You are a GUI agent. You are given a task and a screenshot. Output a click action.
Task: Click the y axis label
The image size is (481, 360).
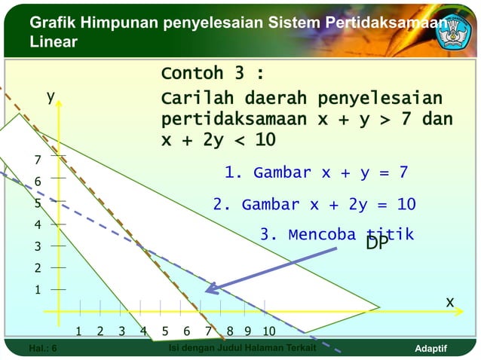tap(51, 96)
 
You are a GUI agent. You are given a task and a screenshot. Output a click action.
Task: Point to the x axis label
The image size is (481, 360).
tap(449, 301)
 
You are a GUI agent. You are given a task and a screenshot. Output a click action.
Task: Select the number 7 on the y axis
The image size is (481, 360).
tap(37, 160)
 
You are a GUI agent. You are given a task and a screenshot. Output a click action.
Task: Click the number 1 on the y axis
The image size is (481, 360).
tap(37, 290)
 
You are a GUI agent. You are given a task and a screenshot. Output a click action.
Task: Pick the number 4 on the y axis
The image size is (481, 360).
tap(37, 224)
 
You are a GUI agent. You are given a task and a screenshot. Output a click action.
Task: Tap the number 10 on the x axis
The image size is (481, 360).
tap(268, 331)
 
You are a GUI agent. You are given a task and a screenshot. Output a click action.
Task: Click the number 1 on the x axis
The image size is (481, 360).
tap(78, 331)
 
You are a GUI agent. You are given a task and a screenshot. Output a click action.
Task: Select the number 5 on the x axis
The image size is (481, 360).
tap(165, 331)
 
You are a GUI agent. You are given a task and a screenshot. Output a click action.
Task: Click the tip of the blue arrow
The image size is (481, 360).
tap(207, 291)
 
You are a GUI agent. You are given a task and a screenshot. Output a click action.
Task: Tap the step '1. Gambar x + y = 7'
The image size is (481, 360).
tap(316, 172)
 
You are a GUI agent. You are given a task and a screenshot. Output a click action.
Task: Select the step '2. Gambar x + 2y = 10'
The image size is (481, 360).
tap(314, 205)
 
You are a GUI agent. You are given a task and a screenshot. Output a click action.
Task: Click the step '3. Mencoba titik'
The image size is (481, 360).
tap(336, 234)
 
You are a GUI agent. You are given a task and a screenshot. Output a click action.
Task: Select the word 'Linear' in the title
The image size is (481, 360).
tap(54, 41)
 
